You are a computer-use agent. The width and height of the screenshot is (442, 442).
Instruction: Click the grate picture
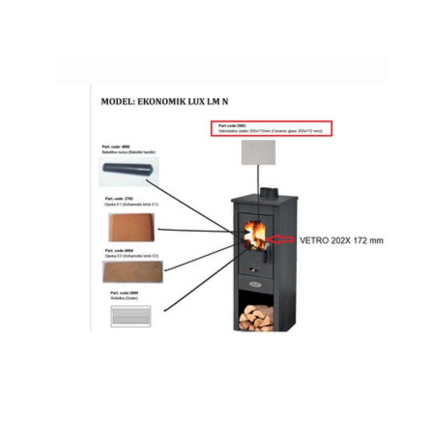click(131, 317)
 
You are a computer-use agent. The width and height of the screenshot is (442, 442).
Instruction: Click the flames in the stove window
click(256, 234)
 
